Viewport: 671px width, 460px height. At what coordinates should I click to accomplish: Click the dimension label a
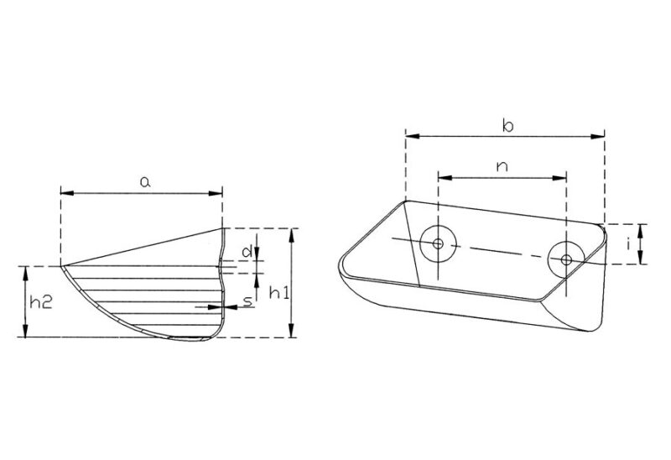tap(144, 181)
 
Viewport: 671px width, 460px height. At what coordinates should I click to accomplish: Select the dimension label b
tap(507, 125)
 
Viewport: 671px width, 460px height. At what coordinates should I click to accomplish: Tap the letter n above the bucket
tap(502, 166)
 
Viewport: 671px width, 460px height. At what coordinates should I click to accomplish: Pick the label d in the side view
tap(246, 251)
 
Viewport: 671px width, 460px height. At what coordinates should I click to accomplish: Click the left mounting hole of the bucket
tap(438, 243)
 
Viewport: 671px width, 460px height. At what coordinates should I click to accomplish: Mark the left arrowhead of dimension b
tap(410, 133)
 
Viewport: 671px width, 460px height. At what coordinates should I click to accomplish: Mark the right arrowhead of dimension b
tap(600, 133)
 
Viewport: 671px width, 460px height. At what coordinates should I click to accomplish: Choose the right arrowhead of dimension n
tap(563, 177)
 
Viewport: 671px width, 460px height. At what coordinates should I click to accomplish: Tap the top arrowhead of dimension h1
tap(290, 233)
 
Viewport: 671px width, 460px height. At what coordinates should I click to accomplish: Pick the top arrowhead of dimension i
tap(641, 227)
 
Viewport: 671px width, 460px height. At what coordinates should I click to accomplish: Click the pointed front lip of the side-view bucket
tap(62, 267)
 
